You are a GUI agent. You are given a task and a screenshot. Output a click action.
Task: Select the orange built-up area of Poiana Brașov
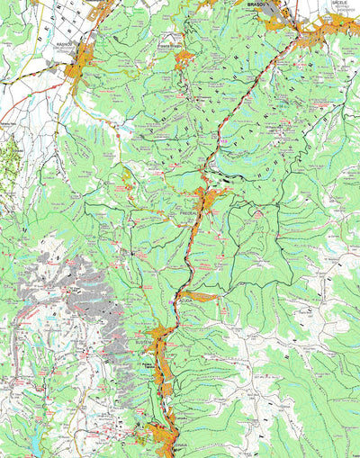coord(185,58)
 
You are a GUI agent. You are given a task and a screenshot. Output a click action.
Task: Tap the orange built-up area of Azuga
coord(200,296)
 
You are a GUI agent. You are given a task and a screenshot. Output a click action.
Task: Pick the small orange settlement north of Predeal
coord(220,139)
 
